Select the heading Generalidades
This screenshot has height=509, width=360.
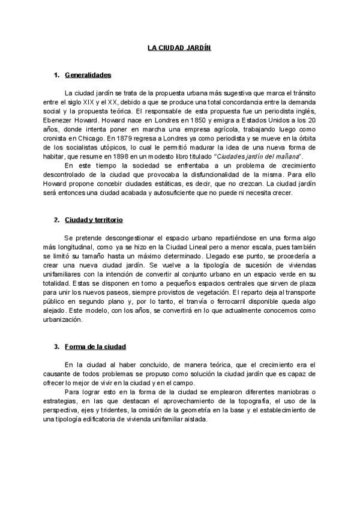[88, 76]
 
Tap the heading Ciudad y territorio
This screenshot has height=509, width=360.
[94, 220]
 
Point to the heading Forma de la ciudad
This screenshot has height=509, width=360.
[95, 347]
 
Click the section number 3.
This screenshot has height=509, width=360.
[56, 347]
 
